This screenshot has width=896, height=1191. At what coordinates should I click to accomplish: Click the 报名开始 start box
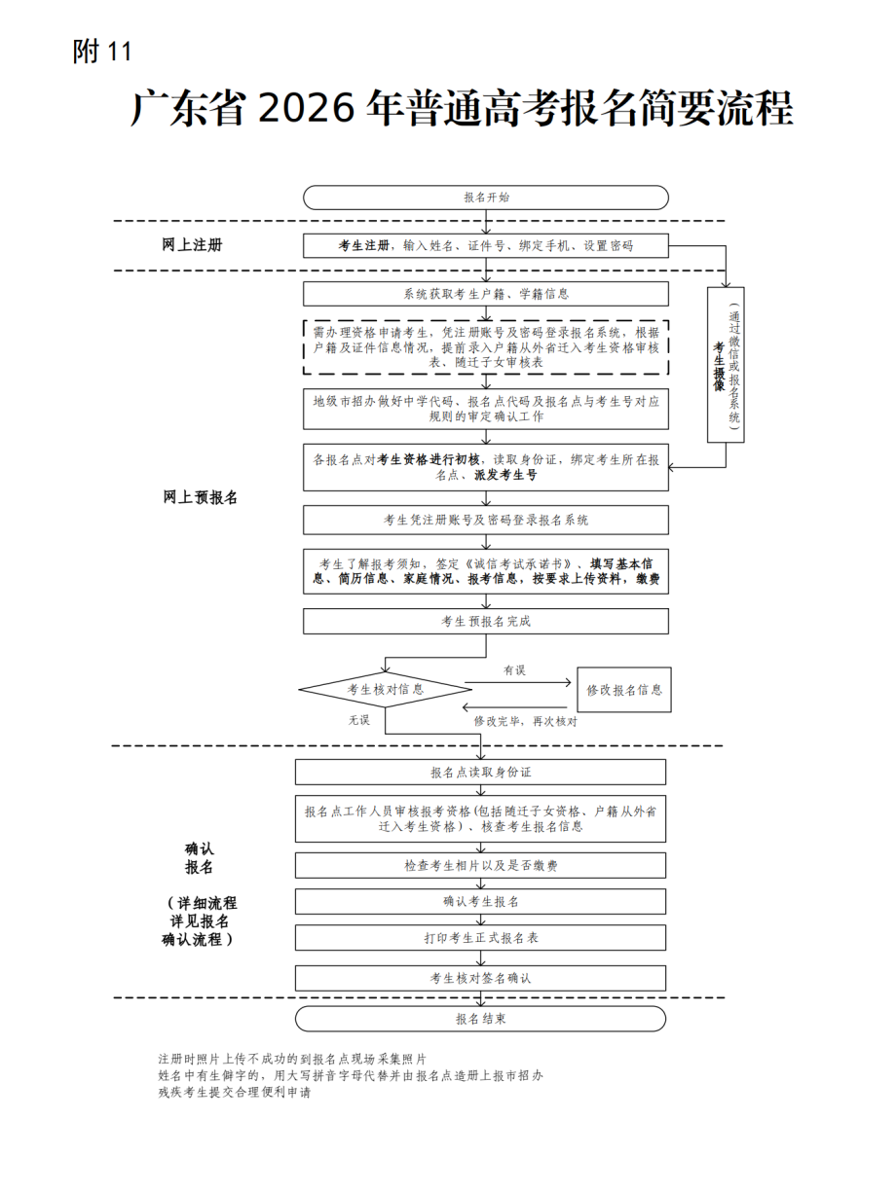(486, 197)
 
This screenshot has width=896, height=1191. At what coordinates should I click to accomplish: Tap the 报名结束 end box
(480, 1019)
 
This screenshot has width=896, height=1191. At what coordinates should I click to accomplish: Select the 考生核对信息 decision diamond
(386, 689)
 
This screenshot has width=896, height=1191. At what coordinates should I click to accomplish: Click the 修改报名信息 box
(623, 690)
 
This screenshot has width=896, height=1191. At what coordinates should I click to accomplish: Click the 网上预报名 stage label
(200, 497)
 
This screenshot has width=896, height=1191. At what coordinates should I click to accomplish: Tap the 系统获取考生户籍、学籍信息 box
(486, 294)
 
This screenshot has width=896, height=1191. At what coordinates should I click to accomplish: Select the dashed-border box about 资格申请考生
(486, 346)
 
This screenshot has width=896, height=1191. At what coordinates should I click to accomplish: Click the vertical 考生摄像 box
(725, 365)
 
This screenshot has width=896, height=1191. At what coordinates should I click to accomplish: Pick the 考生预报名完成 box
(486, 621)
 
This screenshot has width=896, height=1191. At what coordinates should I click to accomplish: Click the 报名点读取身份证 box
(480, 772)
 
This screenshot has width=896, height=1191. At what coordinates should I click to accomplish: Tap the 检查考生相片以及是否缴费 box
(480, 865)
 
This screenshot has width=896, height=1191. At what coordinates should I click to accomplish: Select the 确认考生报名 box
(480, 901)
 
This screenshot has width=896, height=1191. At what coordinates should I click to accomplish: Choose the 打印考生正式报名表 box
(480, 938)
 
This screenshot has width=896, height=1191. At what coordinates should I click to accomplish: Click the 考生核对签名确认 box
(480, 977)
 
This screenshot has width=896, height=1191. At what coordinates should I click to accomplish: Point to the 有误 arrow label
(514, 670)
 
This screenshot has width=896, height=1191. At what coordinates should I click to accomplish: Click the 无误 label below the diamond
(359, 720)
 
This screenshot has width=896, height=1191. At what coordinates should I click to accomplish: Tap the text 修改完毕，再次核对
(525, 721)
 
